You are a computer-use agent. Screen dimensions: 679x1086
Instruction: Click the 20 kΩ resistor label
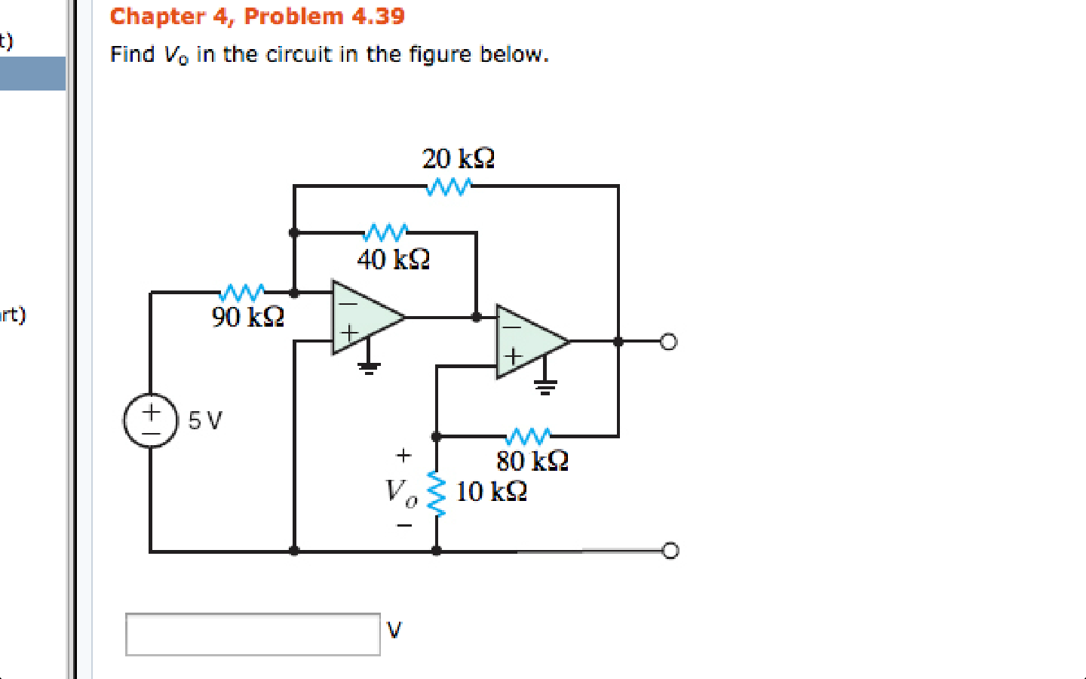click(458, 159)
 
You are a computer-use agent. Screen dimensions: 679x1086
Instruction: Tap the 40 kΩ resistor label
click(393, 260)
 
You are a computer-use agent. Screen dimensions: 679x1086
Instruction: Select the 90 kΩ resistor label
click(247, 317)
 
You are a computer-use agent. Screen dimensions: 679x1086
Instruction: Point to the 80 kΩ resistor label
click(532, 460)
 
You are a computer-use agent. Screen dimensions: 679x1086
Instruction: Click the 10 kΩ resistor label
click(491, 492)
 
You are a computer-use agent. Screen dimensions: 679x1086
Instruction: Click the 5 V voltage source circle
click(151, 420)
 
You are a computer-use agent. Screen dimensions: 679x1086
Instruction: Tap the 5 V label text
click(205, 420)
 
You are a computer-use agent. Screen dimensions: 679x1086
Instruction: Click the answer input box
click(253, 634)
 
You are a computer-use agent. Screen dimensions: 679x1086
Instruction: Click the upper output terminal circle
click(669, 342)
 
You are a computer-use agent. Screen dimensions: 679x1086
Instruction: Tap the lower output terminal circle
click(670, 551)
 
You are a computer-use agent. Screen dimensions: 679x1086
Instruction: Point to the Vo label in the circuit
click(400, 492)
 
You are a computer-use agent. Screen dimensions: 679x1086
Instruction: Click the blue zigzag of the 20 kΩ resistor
click(448, 186)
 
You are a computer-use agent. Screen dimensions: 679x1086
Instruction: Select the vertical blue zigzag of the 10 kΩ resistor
click(437, 494)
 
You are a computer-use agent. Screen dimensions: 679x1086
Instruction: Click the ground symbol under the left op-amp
click(369, 367)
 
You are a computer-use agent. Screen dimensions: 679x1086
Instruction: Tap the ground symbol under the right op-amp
click(545, 388)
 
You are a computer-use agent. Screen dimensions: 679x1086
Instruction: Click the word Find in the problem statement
click(132, 54)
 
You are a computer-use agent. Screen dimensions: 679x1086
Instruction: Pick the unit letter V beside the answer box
click(394, 629)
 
